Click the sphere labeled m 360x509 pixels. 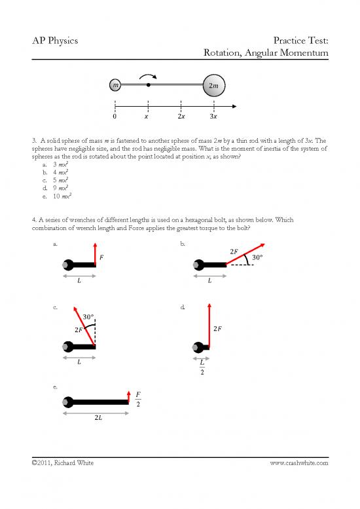[x=115, y=85]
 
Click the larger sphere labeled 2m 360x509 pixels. [x=213, y=85]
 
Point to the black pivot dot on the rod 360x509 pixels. [x=149, y=85]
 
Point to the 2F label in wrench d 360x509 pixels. [x=219, y=328]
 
